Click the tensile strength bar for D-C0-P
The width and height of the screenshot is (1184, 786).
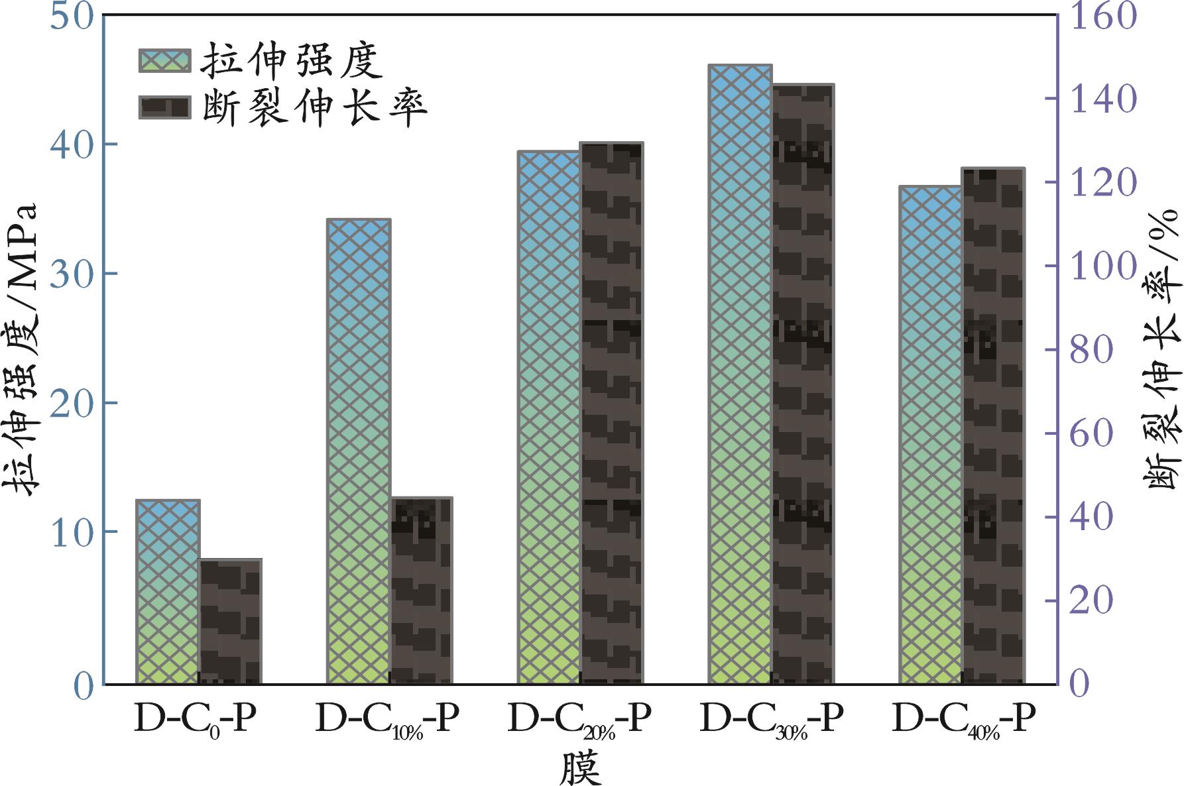[x=168, y=591]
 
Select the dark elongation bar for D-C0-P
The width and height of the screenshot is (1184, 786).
[x=230, y=622]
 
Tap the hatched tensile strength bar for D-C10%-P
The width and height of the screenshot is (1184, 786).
[x=359, y=451]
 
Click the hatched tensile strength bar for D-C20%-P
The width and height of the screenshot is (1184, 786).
[x=549, y=418]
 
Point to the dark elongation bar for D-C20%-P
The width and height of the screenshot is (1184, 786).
[x=612, y=413]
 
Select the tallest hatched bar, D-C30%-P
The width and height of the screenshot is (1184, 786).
[x=740, y=374]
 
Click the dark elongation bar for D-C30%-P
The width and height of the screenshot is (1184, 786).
[x=803, y=384]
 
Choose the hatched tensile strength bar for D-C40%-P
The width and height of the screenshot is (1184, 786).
[x=930, y=435]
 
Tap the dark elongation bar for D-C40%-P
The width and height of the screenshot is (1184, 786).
[x=993, y=425]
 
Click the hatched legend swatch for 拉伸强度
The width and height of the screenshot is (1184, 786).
[x=164, y=60]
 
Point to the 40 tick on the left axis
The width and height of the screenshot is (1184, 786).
[x=72, y=144]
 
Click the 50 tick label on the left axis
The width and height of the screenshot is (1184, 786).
[x=72, y=17]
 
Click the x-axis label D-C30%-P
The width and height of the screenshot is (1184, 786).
[x=771, y=720]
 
